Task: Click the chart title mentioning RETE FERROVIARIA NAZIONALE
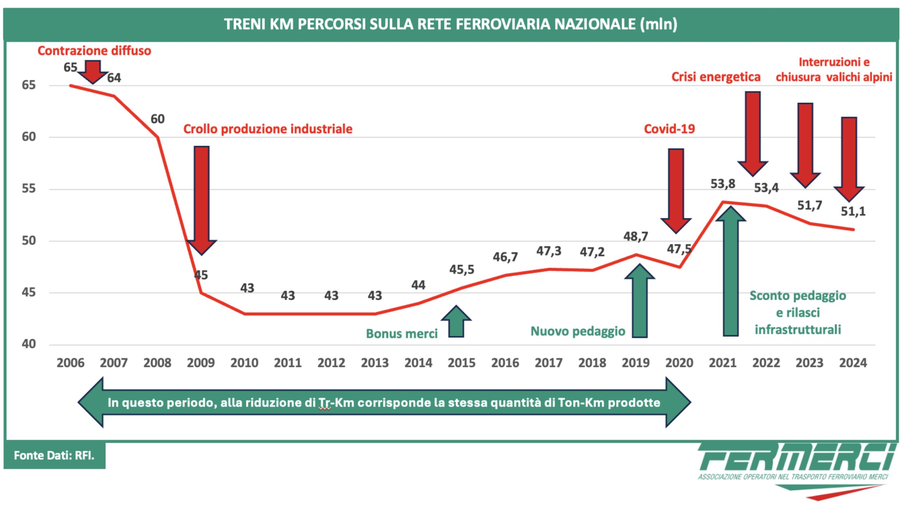pos(451,24)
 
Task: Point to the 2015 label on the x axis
pos(462,363)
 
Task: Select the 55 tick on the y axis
pos(29,188)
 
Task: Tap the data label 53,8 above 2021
pos(722,184)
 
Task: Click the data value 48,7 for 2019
pos(635,236)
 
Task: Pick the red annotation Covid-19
pos(669,129)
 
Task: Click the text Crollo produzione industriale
pos(268,129)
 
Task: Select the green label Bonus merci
pos(402,334)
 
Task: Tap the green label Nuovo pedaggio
pos(578,331)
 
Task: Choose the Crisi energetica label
pos(715,77)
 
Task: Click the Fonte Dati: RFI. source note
pos(54,455)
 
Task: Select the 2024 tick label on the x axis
pos(853,363)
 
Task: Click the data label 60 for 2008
pos(157,119)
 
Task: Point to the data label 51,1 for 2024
pos(853,211)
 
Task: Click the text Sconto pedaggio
pos(798,296)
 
